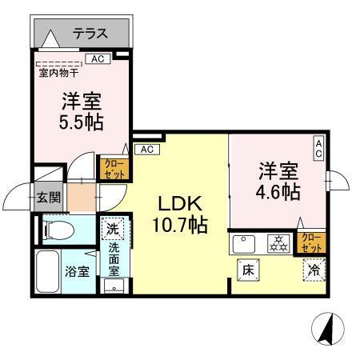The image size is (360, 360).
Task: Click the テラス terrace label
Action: coord(90,34)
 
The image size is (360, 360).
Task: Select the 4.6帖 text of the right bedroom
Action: coord(278,193)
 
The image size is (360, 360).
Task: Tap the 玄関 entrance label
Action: coord(47,197)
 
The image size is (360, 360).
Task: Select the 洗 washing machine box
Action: coord(112,229)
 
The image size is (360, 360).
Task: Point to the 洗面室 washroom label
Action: coord(114,260)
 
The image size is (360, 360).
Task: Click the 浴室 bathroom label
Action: coord(76,270)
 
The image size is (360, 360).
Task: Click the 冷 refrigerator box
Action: coord(314,270)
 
